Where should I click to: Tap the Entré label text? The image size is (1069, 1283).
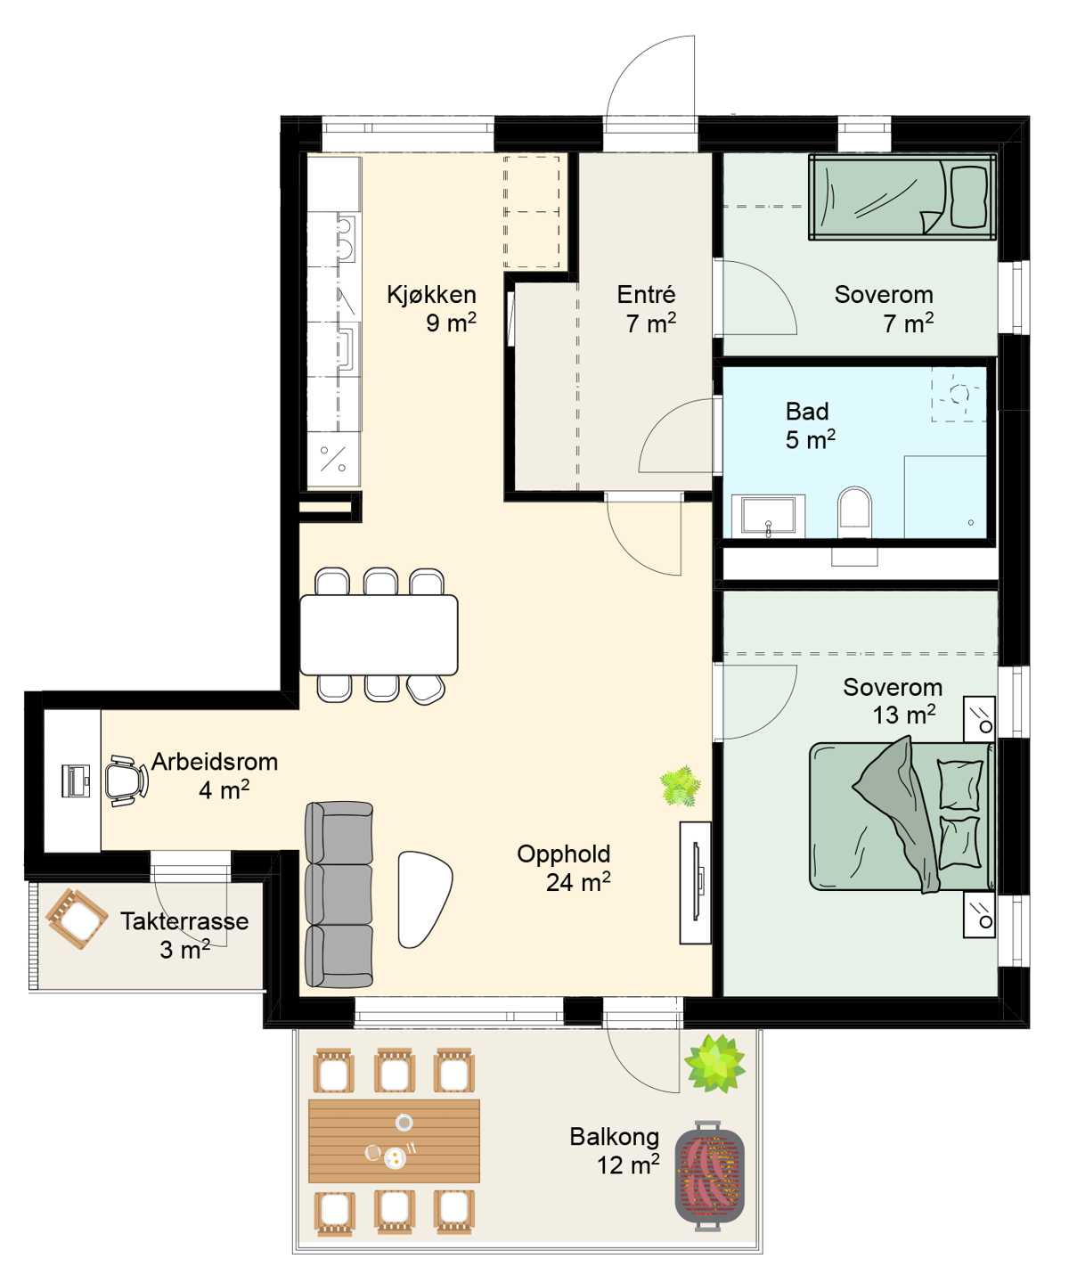coord(646,294)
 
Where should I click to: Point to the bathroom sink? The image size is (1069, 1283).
coord(768,514)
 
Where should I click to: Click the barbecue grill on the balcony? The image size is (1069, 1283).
coord(710,1171)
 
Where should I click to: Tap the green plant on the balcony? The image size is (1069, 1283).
coord(714,1063)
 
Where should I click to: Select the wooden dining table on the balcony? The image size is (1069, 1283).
coord(394,1140)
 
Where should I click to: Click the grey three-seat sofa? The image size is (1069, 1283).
coord(339,895)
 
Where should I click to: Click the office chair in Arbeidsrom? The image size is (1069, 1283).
coord(126,780)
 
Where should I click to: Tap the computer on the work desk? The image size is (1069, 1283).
coord(76,780)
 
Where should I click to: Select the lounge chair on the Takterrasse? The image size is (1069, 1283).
coord(77,919)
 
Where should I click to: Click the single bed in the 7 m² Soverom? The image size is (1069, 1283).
coord(902,197)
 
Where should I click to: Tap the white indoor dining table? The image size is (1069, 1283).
coord(379,634)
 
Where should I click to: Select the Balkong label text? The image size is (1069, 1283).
coord(614,1136)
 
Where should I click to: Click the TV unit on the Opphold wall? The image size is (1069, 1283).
coord(695,882)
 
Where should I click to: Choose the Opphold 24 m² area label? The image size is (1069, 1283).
coord(563,868)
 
